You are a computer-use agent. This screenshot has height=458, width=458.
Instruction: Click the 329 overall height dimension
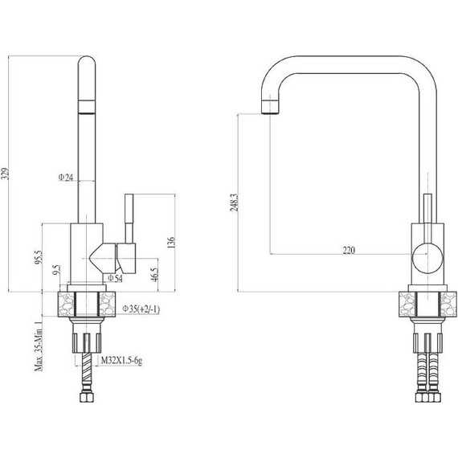[6, 174]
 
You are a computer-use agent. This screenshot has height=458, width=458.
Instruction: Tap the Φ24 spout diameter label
[66, 177]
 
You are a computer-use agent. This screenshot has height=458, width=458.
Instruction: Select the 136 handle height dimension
[171, 243]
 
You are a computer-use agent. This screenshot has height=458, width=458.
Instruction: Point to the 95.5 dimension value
[39, 257]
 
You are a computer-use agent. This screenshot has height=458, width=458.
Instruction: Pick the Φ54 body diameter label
[116, 278]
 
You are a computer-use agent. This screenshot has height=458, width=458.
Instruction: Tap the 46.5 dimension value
[154, 274]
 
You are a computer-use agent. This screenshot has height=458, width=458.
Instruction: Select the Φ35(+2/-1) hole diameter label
[141, 309]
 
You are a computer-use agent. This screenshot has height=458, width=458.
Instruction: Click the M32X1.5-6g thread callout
[122, 361]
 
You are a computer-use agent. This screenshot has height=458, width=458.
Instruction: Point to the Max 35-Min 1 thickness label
[39, 346]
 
